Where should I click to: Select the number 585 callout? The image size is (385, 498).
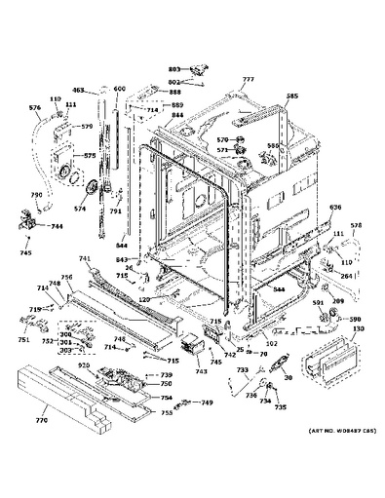click(291, 96)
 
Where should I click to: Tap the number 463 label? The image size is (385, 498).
click(78, 89)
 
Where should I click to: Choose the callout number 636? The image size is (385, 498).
click(336, 207)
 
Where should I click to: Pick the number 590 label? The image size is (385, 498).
click(355, 320)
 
